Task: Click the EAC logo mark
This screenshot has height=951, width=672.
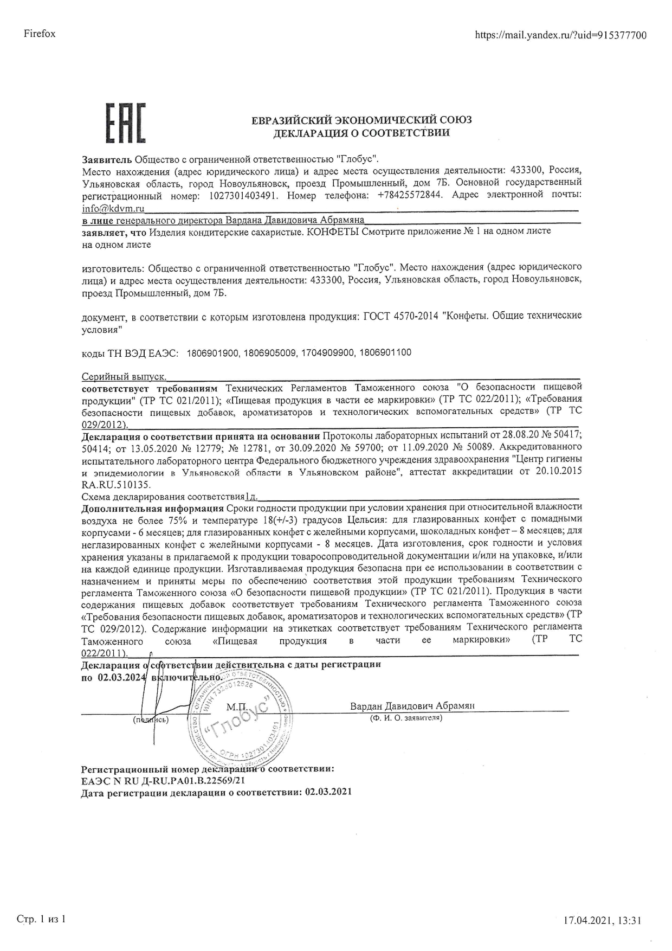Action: pos(125,123)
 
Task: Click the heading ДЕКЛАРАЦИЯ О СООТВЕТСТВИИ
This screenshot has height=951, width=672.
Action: pos(361,133)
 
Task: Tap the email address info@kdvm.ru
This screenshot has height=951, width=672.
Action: pos(113,207)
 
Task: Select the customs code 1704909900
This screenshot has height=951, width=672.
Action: pos(327,353)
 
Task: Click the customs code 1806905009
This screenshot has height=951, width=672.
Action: pos(270,353)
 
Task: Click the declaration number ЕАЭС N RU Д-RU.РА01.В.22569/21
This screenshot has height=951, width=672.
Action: pos(163,780)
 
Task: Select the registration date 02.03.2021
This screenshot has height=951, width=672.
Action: pos(328,792)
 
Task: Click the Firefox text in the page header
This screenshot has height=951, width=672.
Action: pos(40,34)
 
